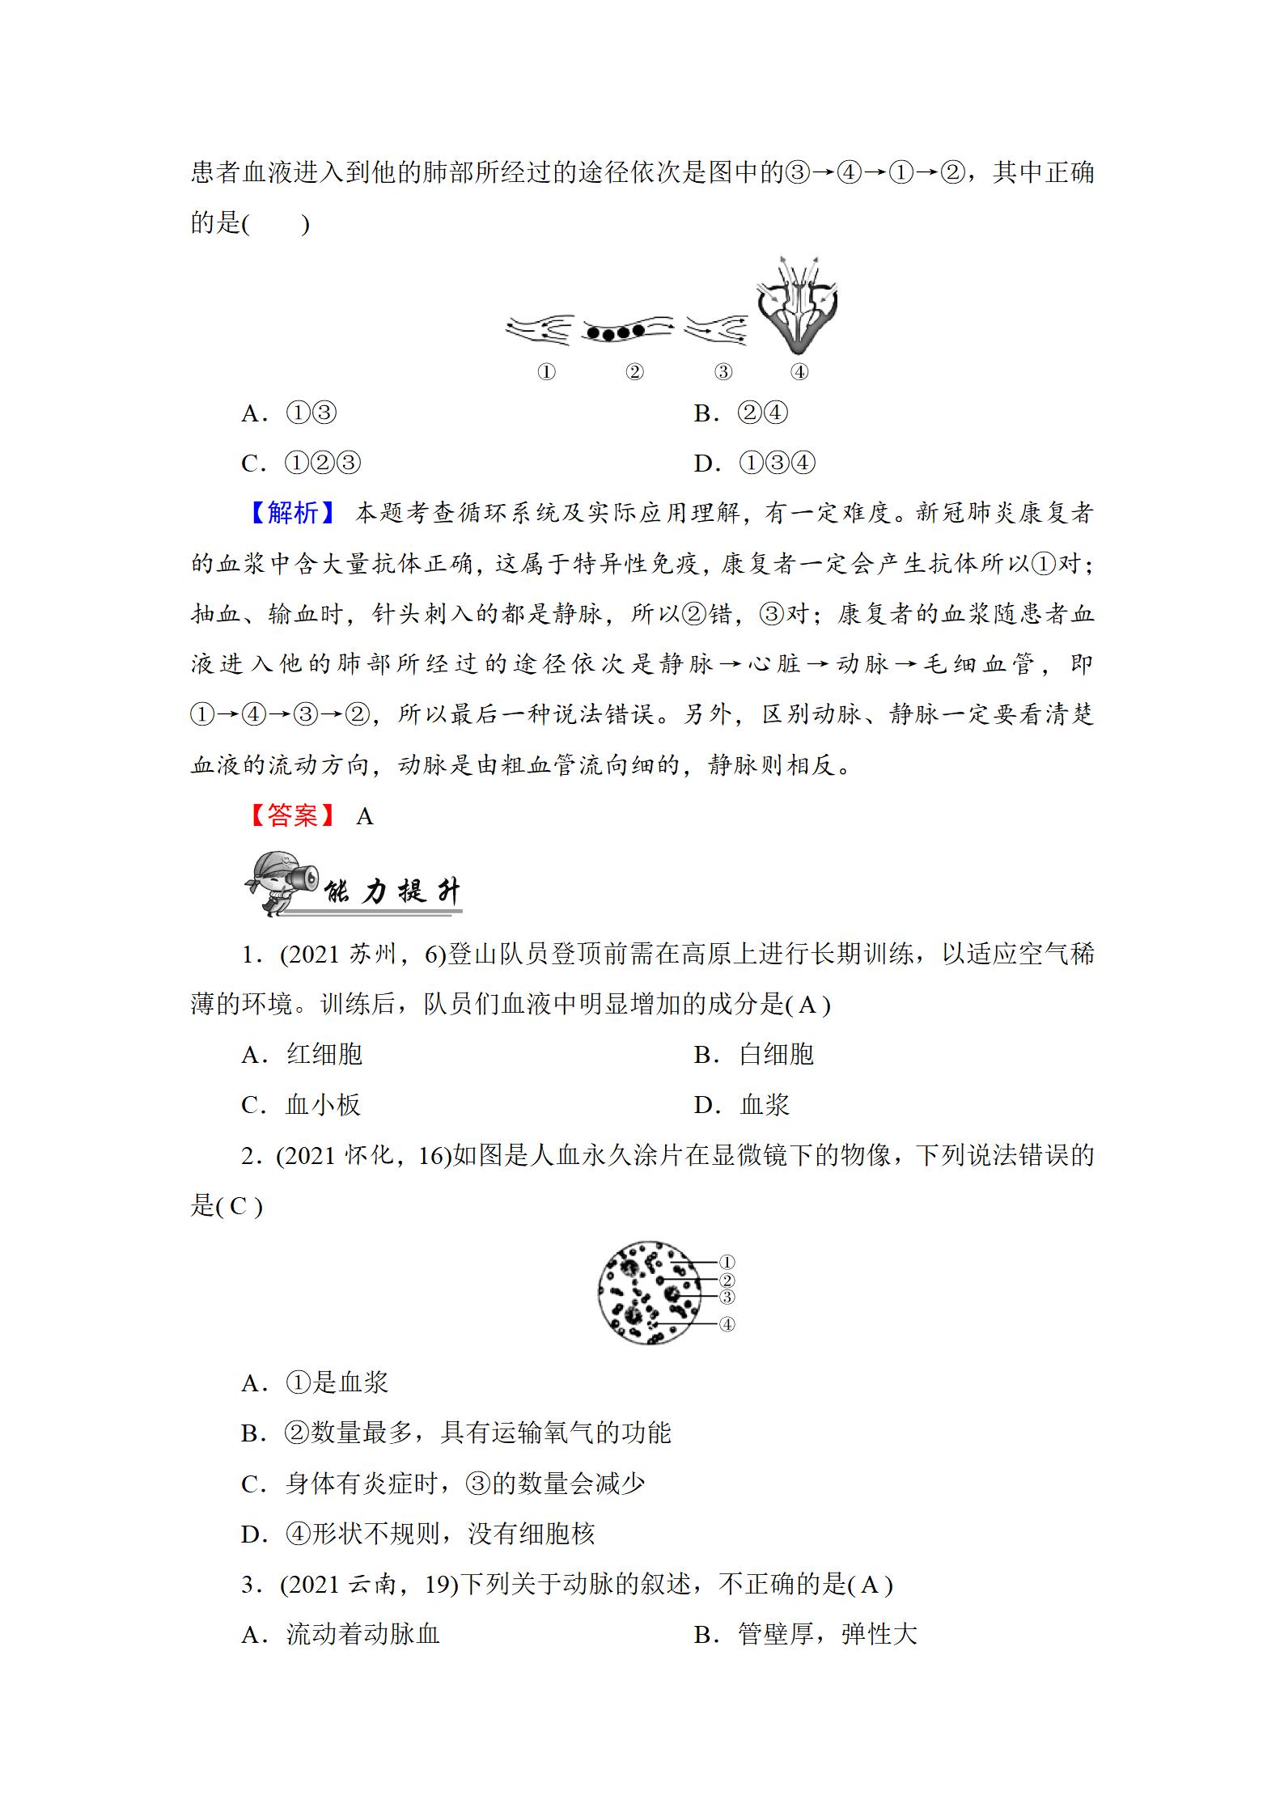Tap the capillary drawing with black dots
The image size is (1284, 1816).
pyautogui.click(x=626, y=331)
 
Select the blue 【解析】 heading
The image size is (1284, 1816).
pyautogui.click(x=293, y=513)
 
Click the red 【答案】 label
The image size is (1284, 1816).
pyautogui.click(x=293, y=815)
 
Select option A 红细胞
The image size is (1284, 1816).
pyautogui.click(x=303, y=1055)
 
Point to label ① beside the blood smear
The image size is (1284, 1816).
pyautogui.click(x=727, y=1263)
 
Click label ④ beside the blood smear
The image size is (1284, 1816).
pyautogui.click(x=727, y=1324)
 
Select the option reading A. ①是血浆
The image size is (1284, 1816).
pyautogui.click(x=316, y=1382)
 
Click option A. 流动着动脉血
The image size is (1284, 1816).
pyautogui.click(x=341, y=1634)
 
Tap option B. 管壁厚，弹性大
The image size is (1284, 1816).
pyautogui.click(x=806, y=1634)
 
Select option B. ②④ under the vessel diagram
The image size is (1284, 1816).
pyautogui.click(x=741, y=413)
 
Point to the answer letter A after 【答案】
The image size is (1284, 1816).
pyautogui.click(x=365, y=817)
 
